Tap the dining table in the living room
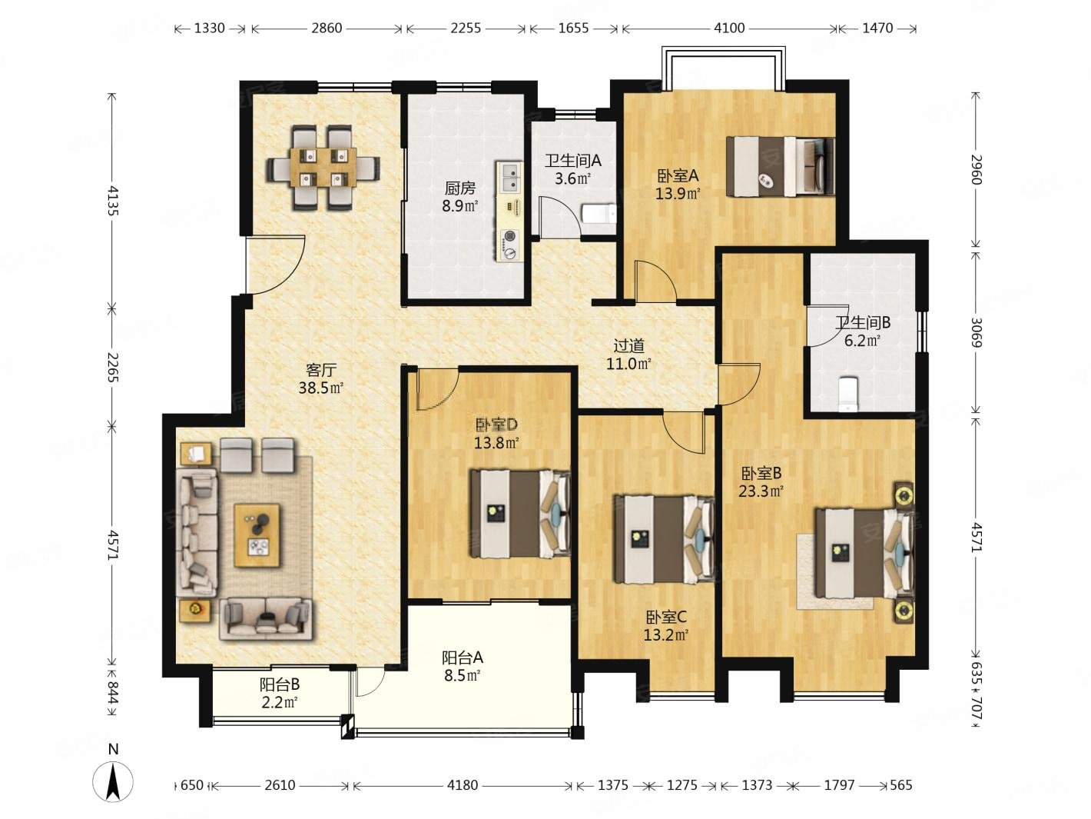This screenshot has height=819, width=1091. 324,167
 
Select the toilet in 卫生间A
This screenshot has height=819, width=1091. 599,215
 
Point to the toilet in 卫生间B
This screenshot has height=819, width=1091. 848,395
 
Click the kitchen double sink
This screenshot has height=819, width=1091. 510,178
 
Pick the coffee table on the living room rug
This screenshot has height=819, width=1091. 257,535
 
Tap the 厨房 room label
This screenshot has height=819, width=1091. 459,188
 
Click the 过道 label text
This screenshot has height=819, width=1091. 628,345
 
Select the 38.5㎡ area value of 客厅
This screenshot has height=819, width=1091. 320,388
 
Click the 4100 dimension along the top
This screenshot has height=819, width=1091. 729,28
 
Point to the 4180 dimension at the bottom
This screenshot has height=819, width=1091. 463,784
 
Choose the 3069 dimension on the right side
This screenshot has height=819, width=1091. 977,332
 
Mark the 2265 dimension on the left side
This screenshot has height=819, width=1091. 112,368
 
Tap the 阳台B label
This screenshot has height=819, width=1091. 280,684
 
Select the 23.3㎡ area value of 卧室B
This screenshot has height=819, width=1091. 761,491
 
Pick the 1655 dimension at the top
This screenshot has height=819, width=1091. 573,28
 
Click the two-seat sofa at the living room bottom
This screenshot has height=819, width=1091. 266,619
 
